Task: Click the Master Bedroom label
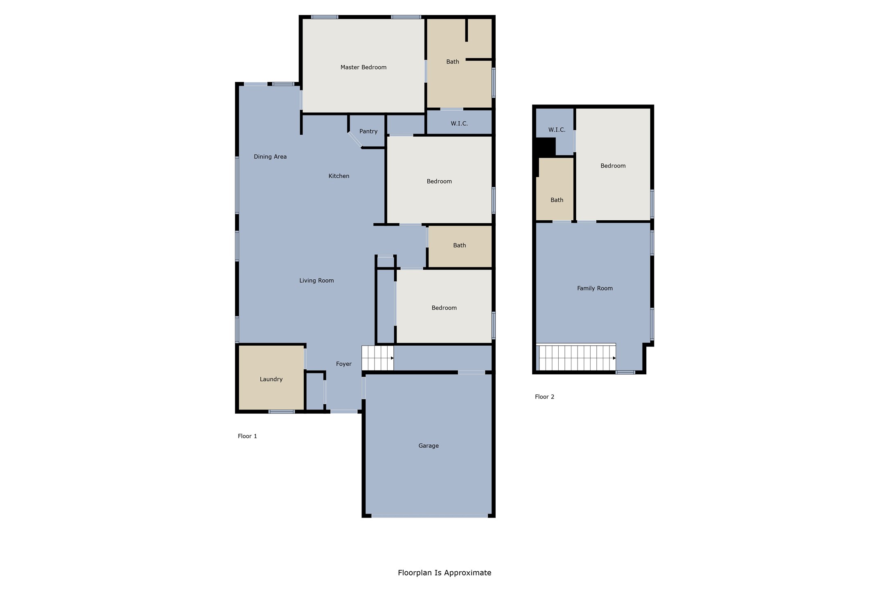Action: (363, 67)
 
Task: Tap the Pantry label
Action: (368, 131)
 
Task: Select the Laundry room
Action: (271, 379)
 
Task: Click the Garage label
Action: (428, 446)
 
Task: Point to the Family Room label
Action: (594, 288)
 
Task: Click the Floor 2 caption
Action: (544, 397)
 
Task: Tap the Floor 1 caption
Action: (247, 436)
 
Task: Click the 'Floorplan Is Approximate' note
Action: (444, 573)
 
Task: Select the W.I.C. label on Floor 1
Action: (459, 123)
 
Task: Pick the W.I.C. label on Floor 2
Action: (556, 130)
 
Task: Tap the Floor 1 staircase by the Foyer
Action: (377, 358)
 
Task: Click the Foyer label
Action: (343, 364)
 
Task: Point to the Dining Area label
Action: (270, 156)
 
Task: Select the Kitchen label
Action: (338, 176)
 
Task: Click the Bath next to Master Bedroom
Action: (452, 62)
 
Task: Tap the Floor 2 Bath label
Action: (556, 200)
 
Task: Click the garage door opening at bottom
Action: (429, 516)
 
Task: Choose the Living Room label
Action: (316, 281)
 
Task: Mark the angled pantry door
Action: (355, 140)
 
